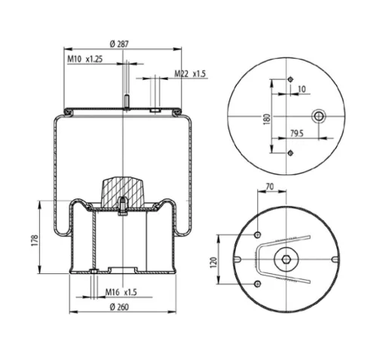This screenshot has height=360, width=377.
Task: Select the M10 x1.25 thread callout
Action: pos(84,58)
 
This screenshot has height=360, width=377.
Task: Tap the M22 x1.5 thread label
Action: pos(189,73)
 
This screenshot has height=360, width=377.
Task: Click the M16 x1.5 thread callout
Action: pos(120,292)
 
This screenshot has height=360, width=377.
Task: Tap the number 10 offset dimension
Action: pos(302,89)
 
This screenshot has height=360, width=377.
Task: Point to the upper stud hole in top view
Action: pos(290,81)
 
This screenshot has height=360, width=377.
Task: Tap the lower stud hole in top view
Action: pos(290,153)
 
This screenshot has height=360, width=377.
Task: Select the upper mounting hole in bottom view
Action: pos(259,233)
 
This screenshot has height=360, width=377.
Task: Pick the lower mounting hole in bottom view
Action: pos(259,283)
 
